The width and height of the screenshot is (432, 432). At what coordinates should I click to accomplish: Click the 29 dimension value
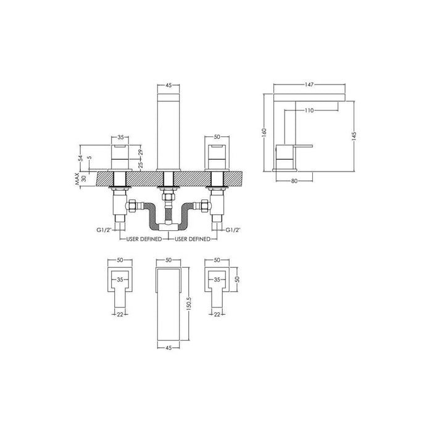(x=141, y=151)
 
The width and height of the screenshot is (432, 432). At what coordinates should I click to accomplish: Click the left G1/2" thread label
(x=104, y=230)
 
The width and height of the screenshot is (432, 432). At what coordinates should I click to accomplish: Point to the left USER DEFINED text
(x=144, y=238)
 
